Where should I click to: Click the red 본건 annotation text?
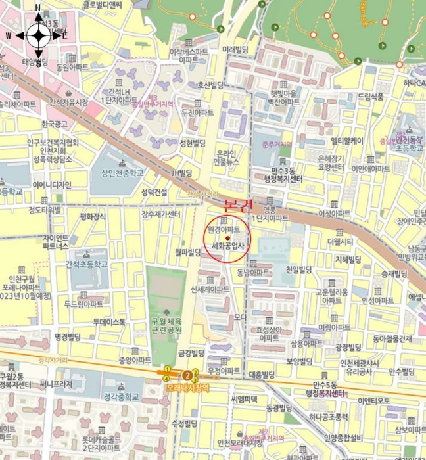[x=239, y=204]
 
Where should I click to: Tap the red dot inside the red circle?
[x=227, y=238]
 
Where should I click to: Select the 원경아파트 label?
[x=224, y=229]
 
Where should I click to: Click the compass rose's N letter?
[x=38, y=8]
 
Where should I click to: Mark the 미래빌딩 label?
[x=239, y=49]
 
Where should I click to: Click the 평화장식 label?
[x=93, y=216]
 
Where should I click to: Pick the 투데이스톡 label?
[x=108, y=322]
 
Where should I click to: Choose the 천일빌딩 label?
[x=298, y=269]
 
